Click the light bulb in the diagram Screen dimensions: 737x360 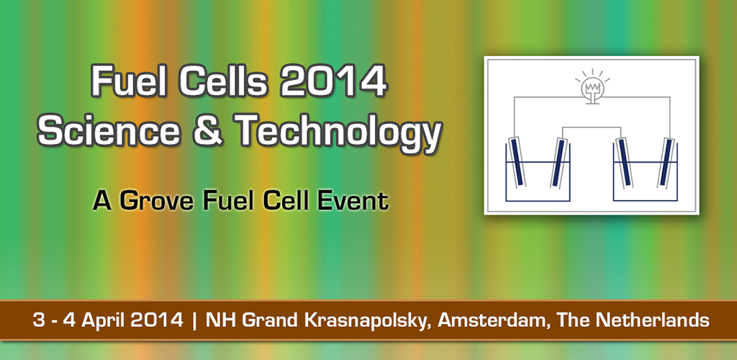[x=592, y=88]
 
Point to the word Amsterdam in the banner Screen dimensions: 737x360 [x=494, y=320]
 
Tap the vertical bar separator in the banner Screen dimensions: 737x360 [x=194, y=320]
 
